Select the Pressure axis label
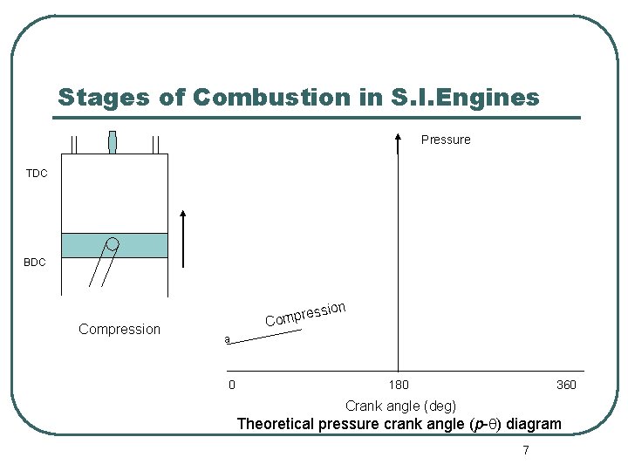pyautogui.click(x=446, y=140)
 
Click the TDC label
pyautogui.click(x=37, y=174)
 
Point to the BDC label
pyautogui.click(x=35, y=263)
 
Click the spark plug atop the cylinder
pyautogui.click(x=113, y=142)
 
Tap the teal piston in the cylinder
pyautogui.click(x=114, y=245)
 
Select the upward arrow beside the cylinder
pyautogui.click(x=183, y=237)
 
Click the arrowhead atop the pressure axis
pyautogui.click(x=398, y=138)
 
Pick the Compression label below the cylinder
pyautogui.click(x=119, y=329)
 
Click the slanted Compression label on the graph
pyautogui.click(x=305, y=314)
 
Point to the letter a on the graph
pyautogui.click(x=227, y=339)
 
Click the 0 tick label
pyautogui.click(x=231, y=386)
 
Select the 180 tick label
pyautogui.click(x=398, y=386)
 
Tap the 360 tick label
pyautogui.click(x=566, y=386)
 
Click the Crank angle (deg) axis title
pyautogui.click(x=400, y=406)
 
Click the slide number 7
pyautogui.click(x=525, y=451)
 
